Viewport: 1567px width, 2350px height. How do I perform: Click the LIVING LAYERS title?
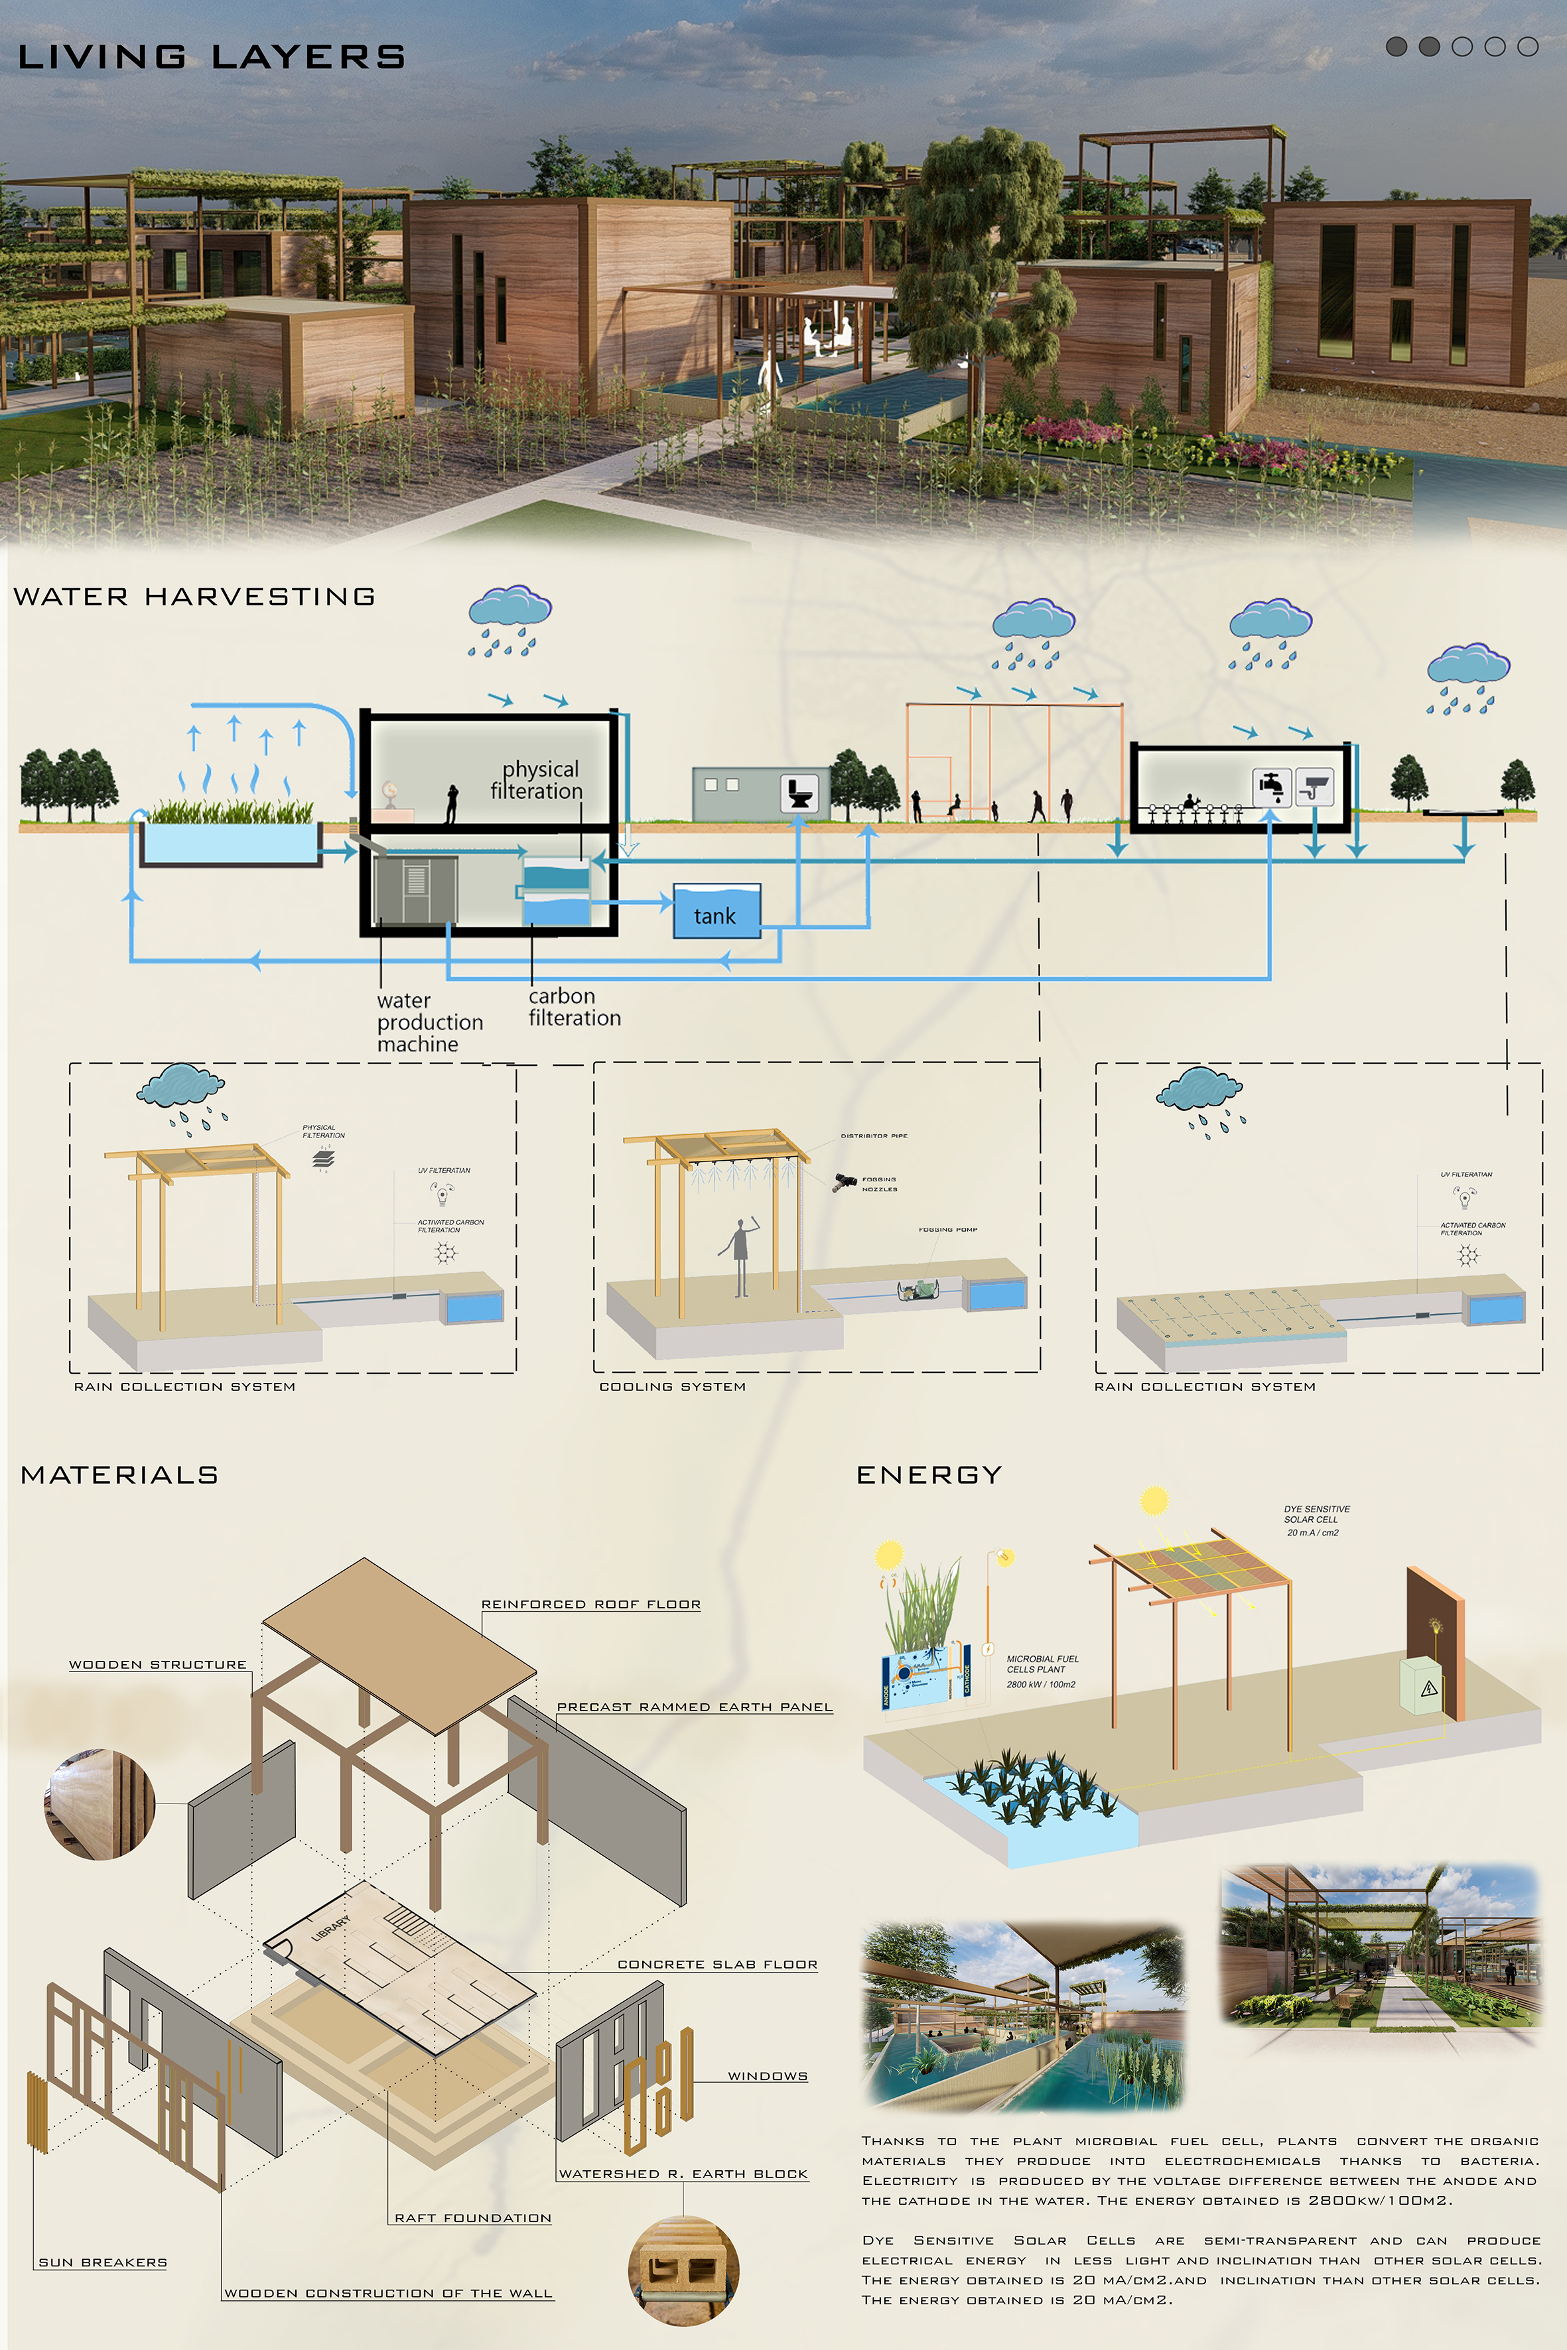(211, 57)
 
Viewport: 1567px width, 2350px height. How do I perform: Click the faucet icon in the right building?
(1271, 787)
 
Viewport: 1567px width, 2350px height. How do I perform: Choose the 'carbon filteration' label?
(574, 1006)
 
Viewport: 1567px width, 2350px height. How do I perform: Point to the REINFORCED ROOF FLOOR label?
(590, 1604)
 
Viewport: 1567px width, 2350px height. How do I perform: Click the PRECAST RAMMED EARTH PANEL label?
(695, 1707)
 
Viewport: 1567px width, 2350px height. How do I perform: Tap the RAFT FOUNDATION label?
(473, 2217)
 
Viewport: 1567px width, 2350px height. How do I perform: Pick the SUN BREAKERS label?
(103, 2261)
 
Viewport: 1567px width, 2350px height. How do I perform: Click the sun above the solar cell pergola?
(1154, 1501)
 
